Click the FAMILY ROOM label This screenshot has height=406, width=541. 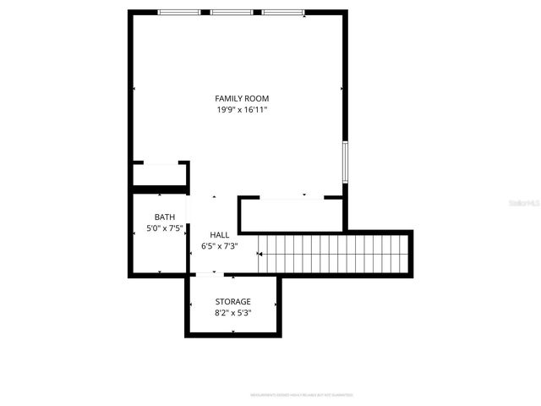(x=241, y=98)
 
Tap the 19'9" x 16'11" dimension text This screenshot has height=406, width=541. (x=241, y=110)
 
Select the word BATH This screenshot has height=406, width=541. (x=164, y=217)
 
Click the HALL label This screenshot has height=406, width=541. (x=219, y=235)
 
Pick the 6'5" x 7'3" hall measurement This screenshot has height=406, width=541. (x=219, y=246)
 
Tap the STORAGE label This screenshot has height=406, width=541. (x=232, y=301)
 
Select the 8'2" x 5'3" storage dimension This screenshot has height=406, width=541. (x=232, y=313)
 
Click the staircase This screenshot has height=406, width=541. (x=334, y=254)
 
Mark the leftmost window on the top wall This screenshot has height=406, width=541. (x=180, y=13)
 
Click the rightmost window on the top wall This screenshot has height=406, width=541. (x=282, y=13)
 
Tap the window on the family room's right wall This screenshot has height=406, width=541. (x=344, y=162)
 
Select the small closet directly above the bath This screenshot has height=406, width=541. (x=159, y=175)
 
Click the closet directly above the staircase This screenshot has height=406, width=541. (x=292, y=215)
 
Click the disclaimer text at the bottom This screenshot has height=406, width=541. (x=301, y=395)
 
